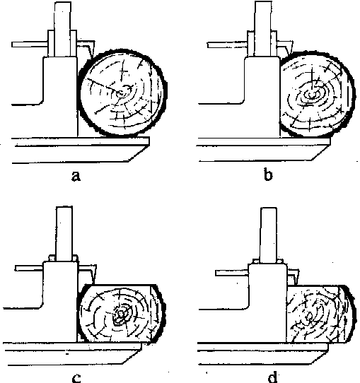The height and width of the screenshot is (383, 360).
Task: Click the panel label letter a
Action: [76, 177]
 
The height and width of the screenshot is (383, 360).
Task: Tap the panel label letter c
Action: [76, 378]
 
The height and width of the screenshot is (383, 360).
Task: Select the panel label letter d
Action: [273, 377]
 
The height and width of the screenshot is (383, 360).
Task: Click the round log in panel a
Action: [123, 93]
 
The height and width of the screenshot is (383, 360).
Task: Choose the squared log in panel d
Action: [319, 314]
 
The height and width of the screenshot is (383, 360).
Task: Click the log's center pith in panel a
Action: [120, 93]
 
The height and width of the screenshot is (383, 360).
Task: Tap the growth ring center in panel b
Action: [311, 95]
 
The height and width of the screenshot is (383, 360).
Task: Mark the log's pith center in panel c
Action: [120, 314]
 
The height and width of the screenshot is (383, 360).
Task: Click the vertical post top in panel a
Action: [62, 3]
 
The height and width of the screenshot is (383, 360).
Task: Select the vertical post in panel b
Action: [262, 28]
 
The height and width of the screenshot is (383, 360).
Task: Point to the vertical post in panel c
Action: [64, 234]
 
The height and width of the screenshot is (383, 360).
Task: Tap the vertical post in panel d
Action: [269, 236]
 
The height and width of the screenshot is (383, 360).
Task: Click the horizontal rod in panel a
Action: [30, 45]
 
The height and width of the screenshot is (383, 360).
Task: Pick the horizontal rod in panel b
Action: [227, 45]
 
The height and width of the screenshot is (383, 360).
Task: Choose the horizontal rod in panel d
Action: [232, 273]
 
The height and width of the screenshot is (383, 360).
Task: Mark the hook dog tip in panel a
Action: [91, 59]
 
